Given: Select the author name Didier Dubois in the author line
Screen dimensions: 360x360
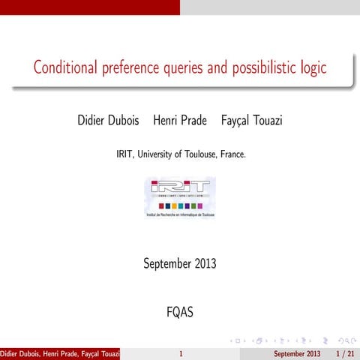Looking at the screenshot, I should [x=109, y=120].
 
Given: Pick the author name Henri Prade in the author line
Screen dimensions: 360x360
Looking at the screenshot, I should [x=180, y=120].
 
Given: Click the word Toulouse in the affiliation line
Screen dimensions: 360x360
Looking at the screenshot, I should [x=199, y=154].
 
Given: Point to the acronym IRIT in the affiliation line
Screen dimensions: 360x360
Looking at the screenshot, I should [x=124, y=154].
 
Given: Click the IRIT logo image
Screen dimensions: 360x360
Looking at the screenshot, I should [x=180, y=197].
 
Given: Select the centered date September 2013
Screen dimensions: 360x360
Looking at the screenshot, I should [x=180, y=263].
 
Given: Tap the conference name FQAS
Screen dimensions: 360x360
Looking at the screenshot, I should [x=180, y=311].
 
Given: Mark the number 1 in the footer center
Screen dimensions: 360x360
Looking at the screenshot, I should [x=180, y=353].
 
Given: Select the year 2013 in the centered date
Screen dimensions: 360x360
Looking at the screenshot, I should [x=203, y=263].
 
